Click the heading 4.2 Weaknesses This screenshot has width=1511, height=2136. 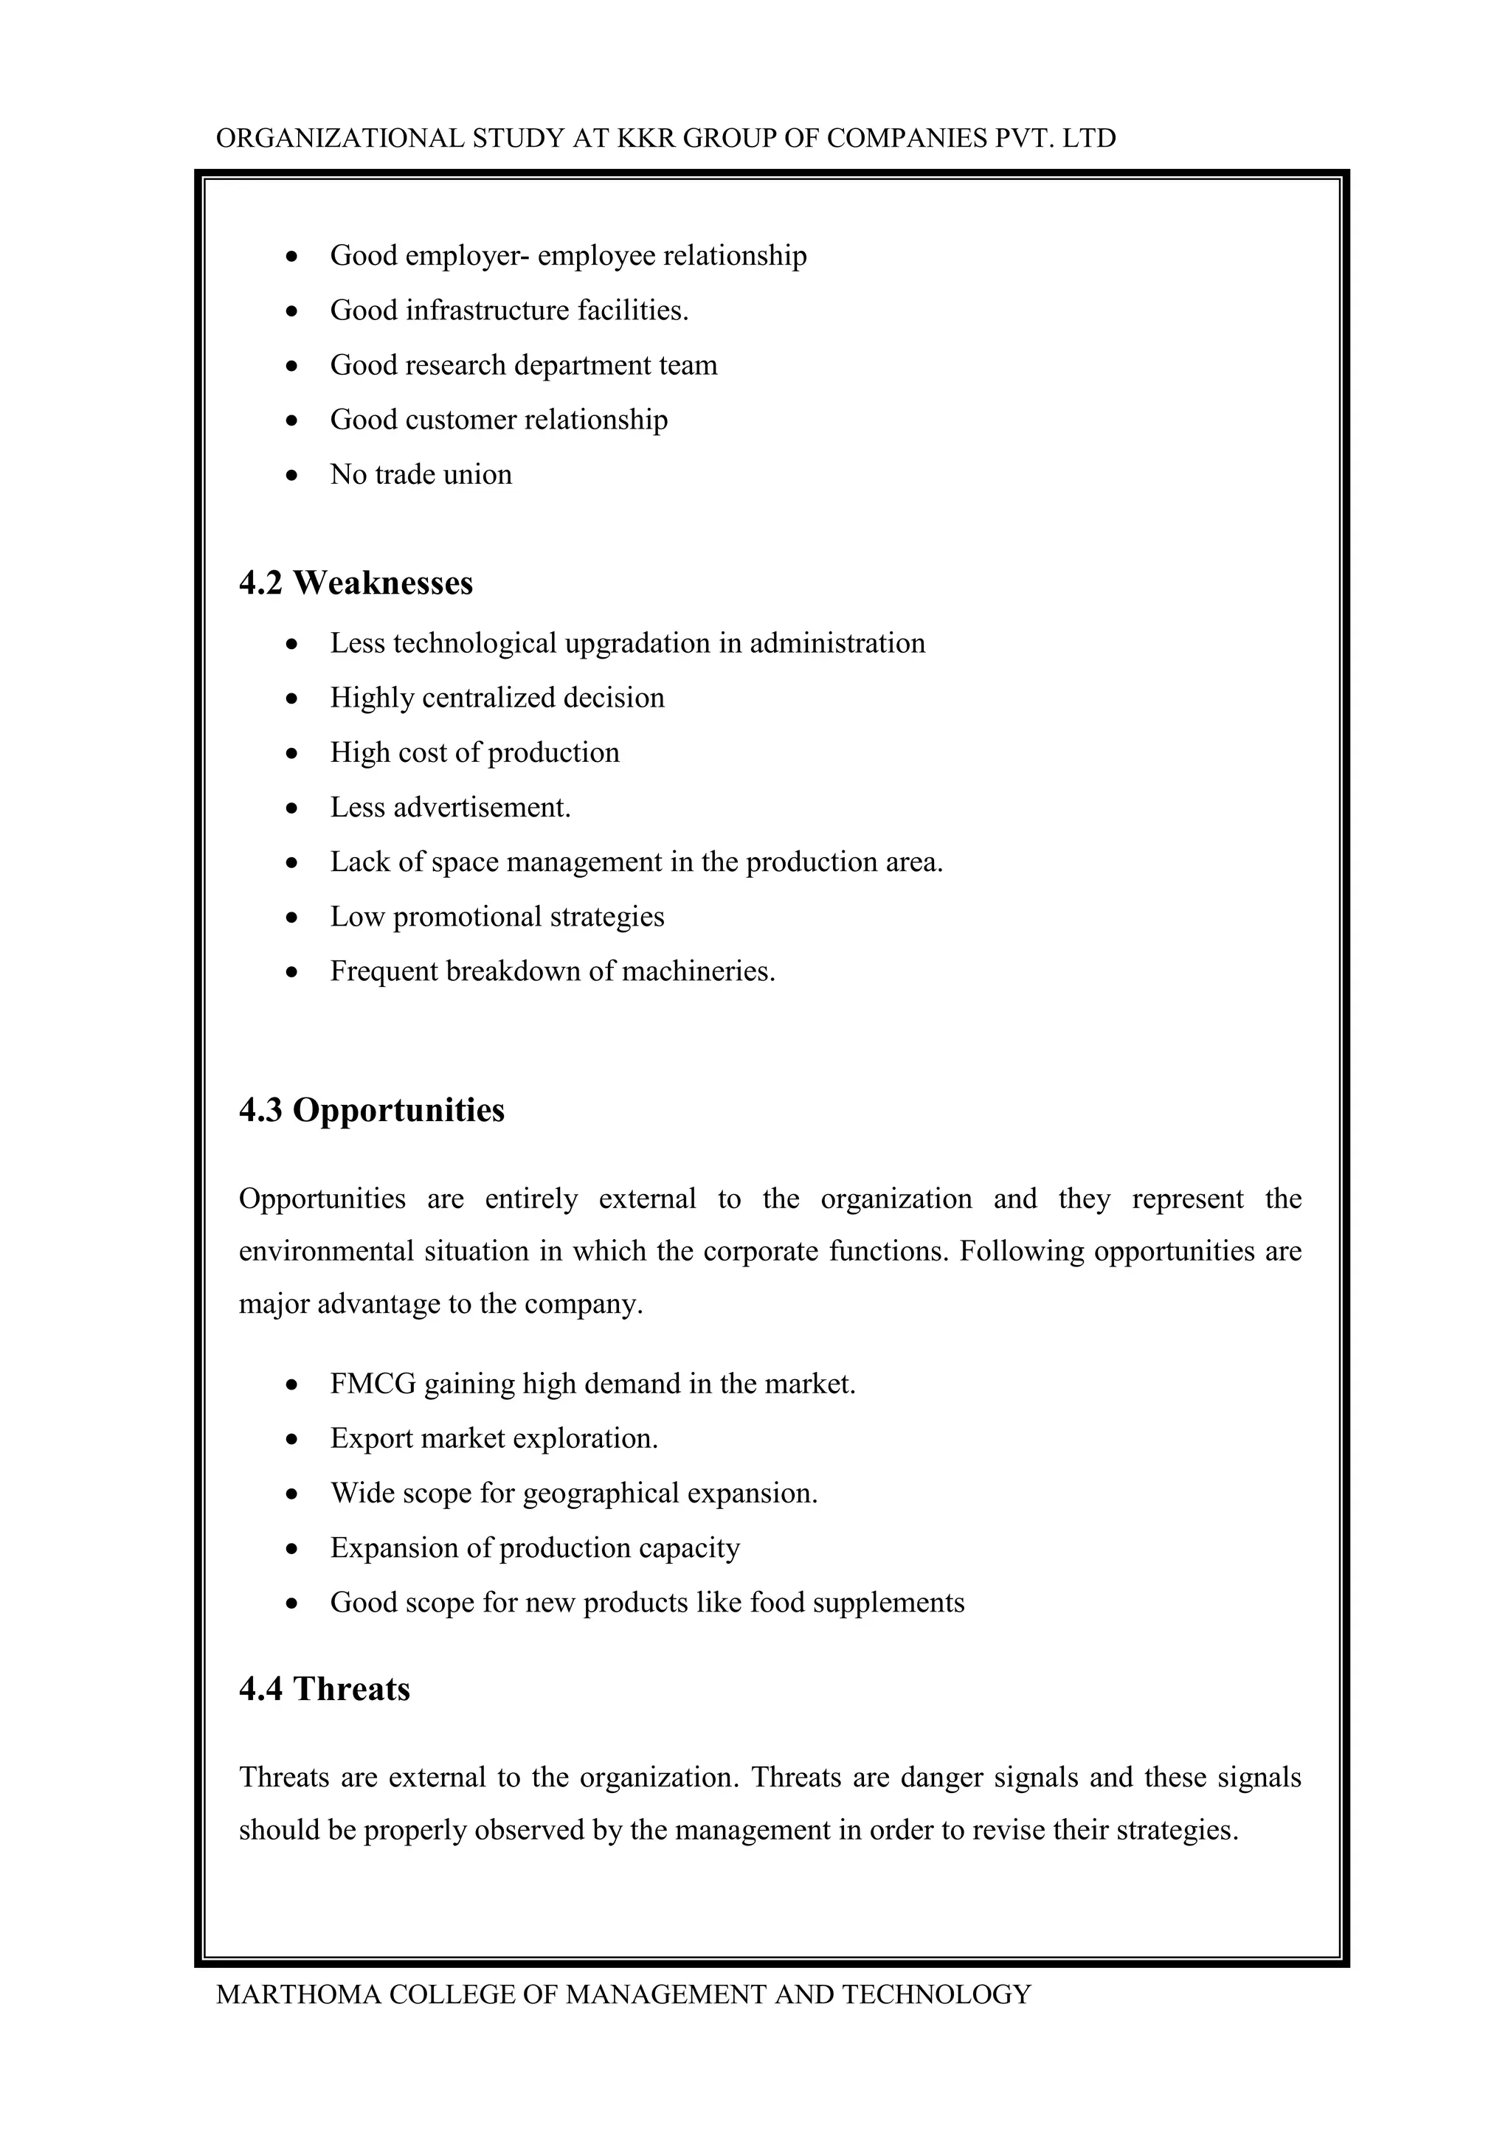[356, 583]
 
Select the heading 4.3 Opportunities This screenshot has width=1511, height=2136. [371, 1110]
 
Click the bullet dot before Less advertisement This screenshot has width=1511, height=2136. [292, 808]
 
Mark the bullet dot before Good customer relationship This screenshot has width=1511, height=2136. [292, 420]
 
